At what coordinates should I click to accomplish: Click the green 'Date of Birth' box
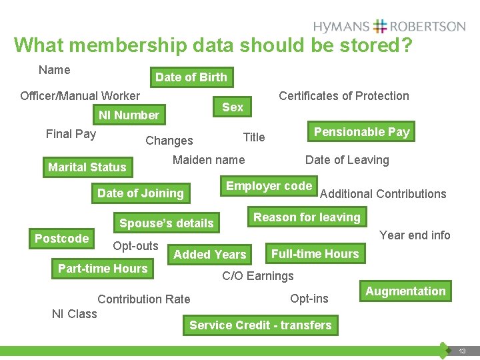point(191,77)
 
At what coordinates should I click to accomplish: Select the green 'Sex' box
point(233,107)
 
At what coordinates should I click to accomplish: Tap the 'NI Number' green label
point(129,115)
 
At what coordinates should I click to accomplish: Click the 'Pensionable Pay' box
point(361,132)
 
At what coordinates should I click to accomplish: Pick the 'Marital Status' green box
point(87,167)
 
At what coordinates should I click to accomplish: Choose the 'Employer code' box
point(269,186)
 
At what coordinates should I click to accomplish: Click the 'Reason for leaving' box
point(307,217)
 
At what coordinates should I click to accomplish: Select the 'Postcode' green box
point(61,239)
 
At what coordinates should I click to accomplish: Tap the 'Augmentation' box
point(405,291)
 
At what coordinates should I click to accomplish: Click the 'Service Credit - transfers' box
point(260,325)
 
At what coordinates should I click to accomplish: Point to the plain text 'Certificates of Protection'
point(343,96)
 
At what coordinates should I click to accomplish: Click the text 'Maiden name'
point(209,160)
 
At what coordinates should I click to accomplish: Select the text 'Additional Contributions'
point(383,194)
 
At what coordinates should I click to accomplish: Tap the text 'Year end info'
point(415,235)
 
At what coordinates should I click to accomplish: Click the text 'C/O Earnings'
point(257,276)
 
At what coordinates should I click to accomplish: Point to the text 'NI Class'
point(75,314)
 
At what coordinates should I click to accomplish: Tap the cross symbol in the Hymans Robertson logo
point(380,27)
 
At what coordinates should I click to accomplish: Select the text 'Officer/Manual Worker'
point(80,96)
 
